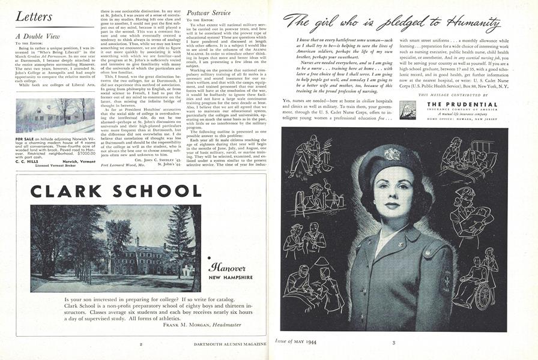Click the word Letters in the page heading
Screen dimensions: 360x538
tap(34, 17)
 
